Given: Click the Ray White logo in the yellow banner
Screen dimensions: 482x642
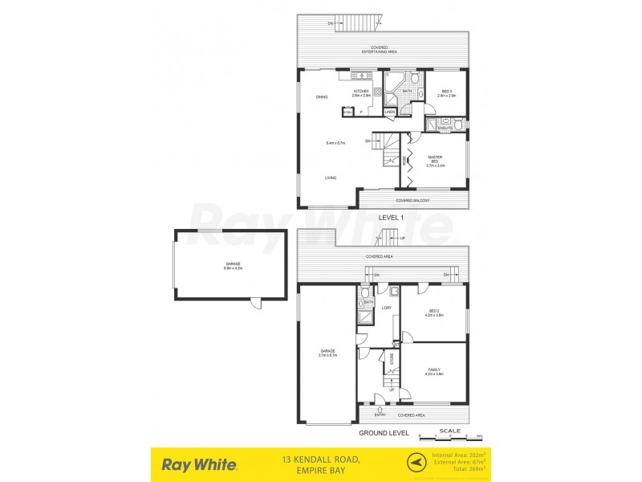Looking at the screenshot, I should click(x=199, y=464).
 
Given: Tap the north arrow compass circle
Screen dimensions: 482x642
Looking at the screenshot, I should click(x=415, y=463).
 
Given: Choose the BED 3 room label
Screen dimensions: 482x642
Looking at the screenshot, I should click(x=447, y=93).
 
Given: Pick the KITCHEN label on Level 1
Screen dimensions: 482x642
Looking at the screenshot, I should click(x=361, y=92).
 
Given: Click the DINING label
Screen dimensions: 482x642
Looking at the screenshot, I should click(x=322, y=97).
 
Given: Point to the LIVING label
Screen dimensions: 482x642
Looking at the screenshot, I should click(x=331, y=178).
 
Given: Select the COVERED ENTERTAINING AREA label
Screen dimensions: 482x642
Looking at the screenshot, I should click(x=379, y=49).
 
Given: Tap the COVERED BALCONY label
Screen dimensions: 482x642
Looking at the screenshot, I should click(x=412, y=200).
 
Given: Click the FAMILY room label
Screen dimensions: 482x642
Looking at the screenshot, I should click(x=434, y=370).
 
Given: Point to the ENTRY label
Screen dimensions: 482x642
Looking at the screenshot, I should click(x=380, y=415).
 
